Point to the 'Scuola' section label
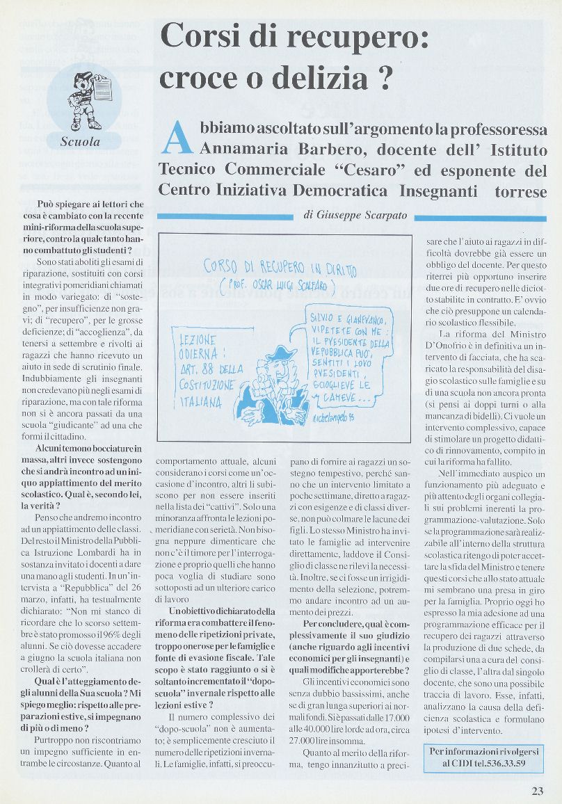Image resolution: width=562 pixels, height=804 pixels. pos(80,142)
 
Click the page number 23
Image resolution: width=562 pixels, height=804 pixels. pos(538,790)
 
